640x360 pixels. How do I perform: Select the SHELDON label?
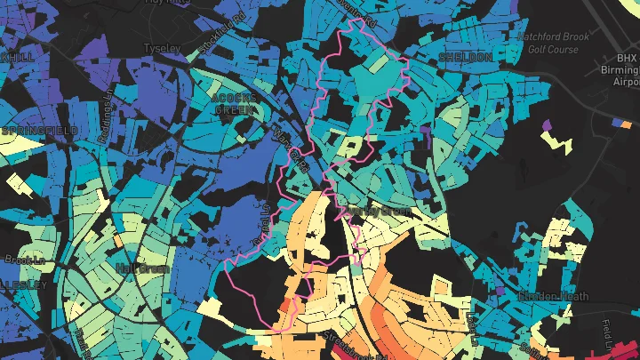click(x=466, y=57)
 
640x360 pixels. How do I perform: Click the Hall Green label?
click(x=137, y=268)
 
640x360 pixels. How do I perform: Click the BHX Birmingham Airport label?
click(x=628, y=66)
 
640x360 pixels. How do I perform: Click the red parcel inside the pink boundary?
click(x=286, y=307)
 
